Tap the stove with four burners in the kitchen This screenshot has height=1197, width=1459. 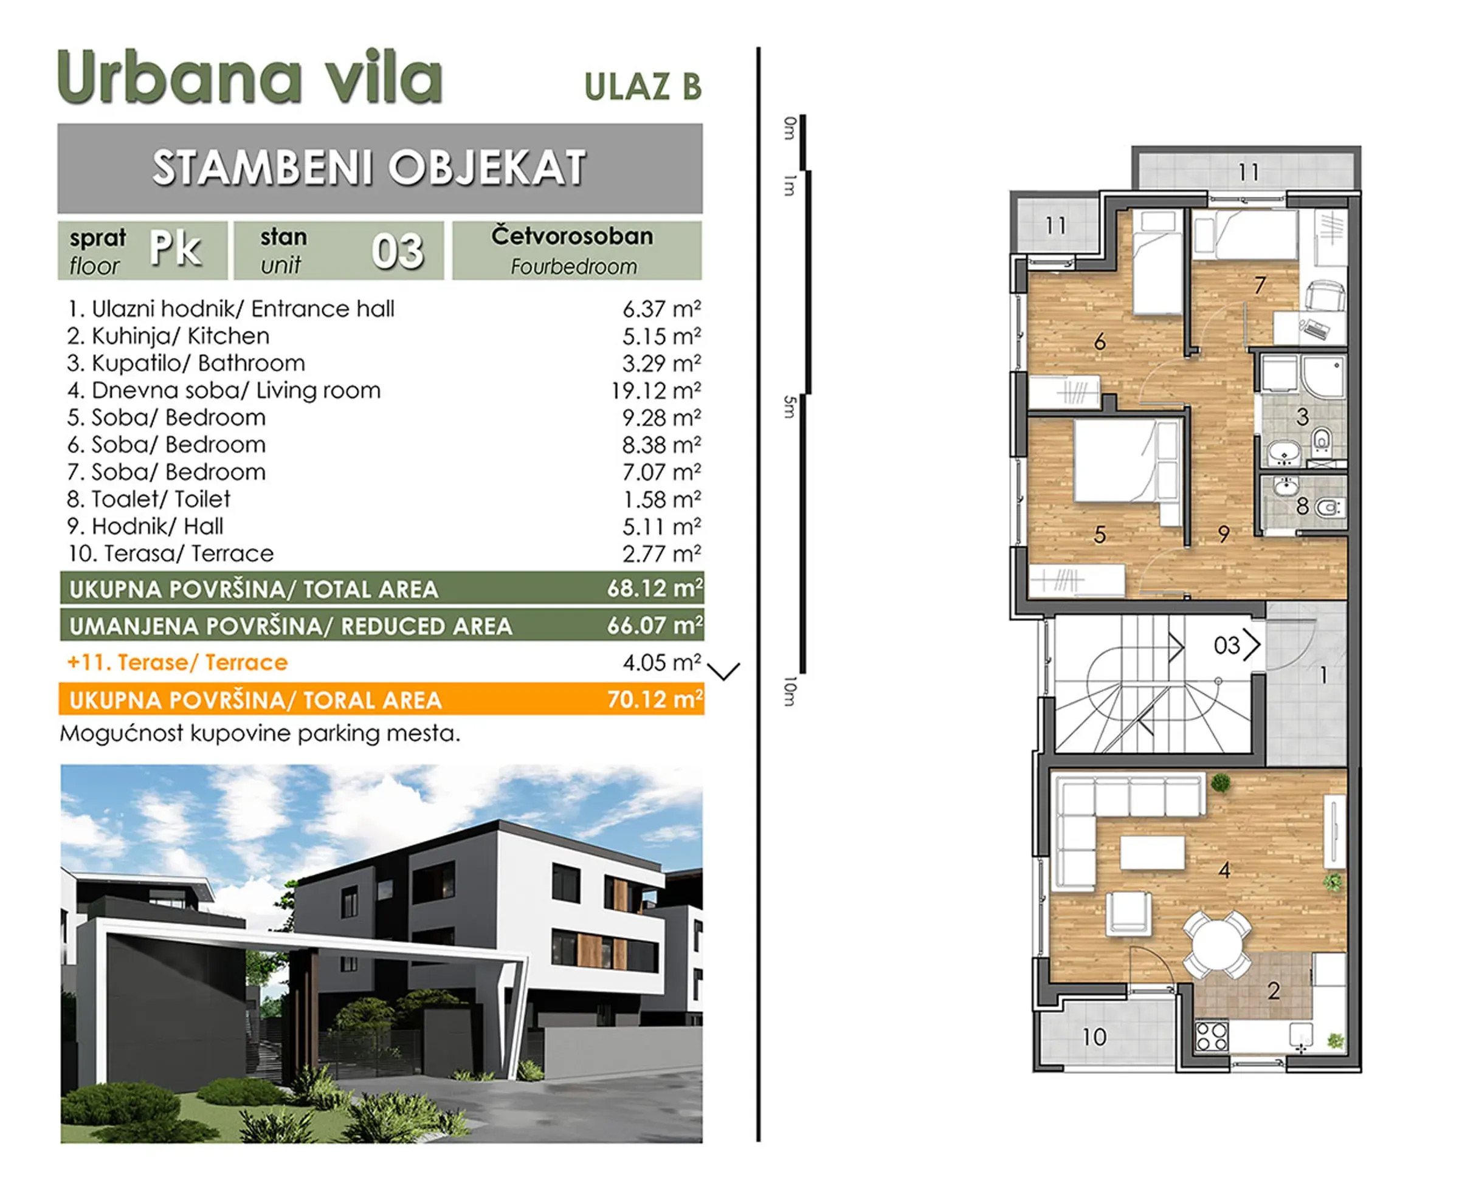[1212, 1035]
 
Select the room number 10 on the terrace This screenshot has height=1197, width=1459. [1094, 1037]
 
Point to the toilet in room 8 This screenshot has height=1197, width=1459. [1327, 509]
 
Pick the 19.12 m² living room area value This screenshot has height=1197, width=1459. [655, 391]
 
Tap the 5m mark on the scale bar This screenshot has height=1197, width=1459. [790, 407]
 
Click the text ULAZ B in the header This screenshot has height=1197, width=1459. [643, 87]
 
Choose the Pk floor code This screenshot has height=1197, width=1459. [175, 249]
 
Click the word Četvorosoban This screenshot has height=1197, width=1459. [572, 236]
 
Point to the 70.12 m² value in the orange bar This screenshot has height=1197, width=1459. [655, 699]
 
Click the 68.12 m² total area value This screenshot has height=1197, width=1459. [655, 588]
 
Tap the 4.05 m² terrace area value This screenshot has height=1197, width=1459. [661, 663]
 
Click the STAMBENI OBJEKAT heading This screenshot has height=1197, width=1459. [369, 168]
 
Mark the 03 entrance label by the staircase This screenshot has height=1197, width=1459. [1227, 645]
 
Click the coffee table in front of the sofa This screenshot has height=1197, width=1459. [1152, 852]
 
